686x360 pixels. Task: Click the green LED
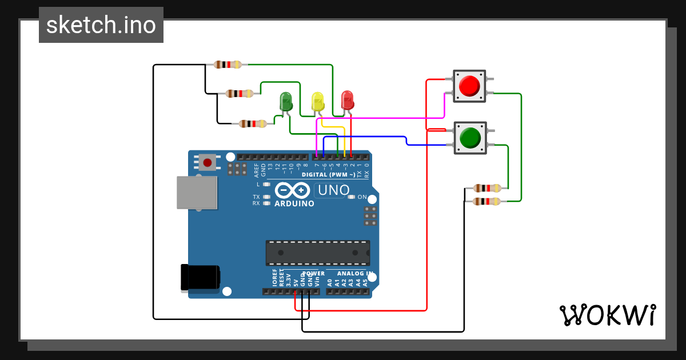coord(286,102)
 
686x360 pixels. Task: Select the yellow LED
coord(318,101)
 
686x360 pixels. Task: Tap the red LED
coord(347,100)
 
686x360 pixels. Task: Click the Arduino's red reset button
coord(207,163)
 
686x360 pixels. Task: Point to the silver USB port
coord(197,192)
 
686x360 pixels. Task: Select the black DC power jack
coord(200,277)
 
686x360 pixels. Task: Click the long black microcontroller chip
coord(317,253)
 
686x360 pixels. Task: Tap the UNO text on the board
coord(333,190)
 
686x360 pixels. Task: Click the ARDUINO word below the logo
coord(294,203)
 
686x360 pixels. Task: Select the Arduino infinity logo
coord(294,190)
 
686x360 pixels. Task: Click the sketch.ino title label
coord(101,25)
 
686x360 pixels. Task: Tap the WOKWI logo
coord(607,315)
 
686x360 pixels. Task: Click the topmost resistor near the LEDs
coord(228,65)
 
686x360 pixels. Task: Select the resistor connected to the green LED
coord(253,123)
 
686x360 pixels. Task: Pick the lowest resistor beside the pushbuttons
coord(487,201)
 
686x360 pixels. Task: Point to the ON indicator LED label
coord(362,197)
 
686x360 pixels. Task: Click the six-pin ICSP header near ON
coord(370,216)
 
